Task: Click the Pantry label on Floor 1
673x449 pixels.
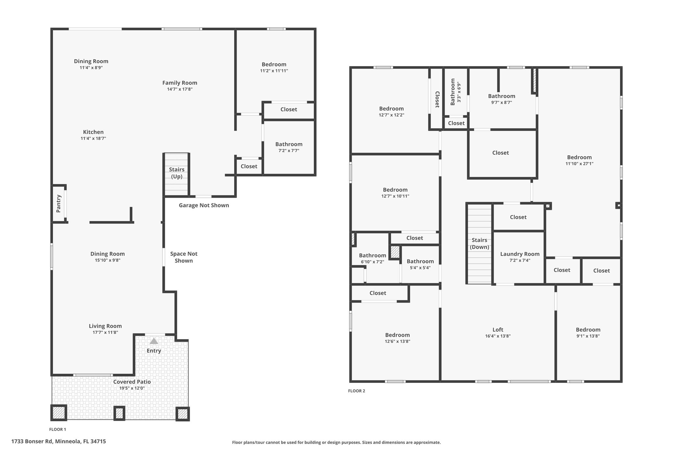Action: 58,204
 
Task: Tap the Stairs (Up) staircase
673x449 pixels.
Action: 176,174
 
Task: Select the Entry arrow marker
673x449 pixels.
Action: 154,341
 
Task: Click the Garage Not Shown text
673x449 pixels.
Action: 204,205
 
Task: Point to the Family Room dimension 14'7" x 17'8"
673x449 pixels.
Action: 180,89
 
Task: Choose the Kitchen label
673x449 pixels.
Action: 93,132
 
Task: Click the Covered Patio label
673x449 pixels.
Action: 132,382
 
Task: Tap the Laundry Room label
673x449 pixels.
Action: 520,254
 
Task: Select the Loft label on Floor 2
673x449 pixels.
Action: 498,330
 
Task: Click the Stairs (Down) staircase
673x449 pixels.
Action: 479,243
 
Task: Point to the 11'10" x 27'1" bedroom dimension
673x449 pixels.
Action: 579,163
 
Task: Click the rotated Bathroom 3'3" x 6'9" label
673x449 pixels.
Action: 456,92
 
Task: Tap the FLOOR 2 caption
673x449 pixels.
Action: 357,391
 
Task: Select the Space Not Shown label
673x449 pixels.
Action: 184,257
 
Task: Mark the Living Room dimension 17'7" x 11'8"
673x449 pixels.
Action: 105,332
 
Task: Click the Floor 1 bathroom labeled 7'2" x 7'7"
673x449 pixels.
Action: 289,147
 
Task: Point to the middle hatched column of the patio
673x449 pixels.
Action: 119,413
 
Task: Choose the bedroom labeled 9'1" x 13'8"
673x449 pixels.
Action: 588,333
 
